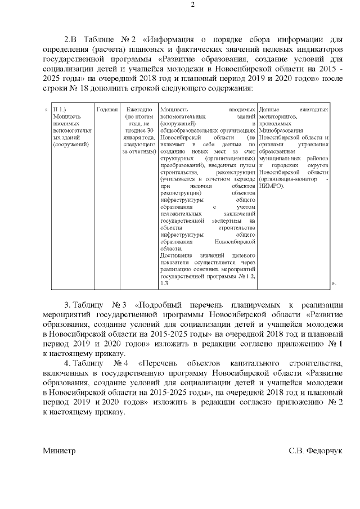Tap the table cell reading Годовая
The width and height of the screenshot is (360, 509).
[107, 109]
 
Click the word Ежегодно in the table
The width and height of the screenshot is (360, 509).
[139, 109]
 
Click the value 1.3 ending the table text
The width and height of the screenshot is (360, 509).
[164, 283]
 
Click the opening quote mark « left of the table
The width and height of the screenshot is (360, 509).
[46, 109]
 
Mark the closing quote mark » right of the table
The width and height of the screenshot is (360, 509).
[334, 283]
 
